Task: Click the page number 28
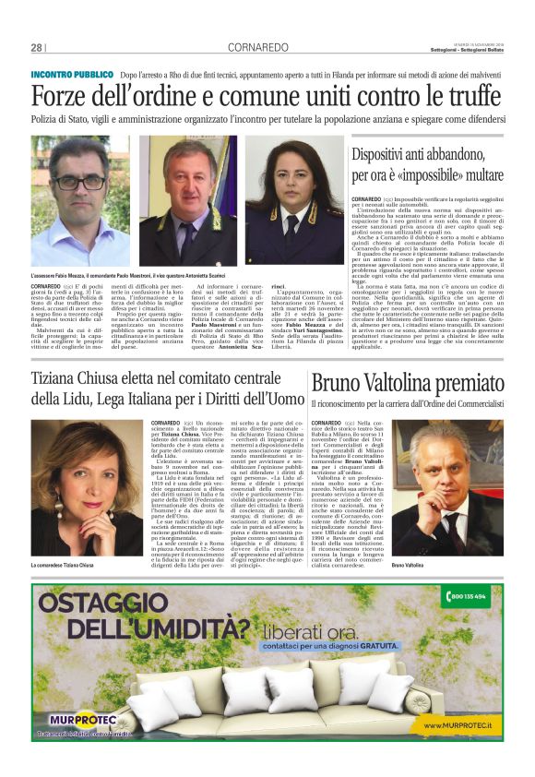click(x=37, y=47)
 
